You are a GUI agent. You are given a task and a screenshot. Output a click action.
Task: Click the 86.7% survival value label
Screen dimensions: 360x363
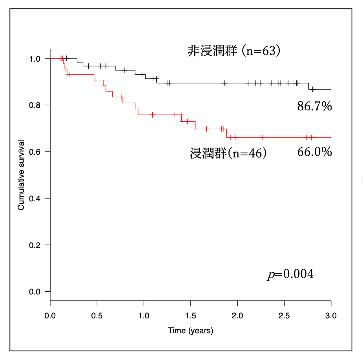pos(314,106)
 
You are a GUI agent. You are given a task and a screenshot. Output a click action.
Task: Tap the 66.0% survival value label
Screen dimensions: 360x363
pos(314,152)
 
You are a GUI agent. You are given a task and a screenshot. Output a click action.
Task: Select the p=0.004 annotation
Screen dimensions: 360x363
pos(290,274)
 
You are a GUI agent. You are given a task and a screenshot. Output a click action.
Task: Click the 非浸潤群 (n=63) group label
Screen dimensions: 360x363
pos(234,51)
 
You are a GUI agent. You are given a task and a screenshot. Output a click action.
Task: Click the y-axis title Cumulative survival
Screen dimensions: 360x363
pos(21,175)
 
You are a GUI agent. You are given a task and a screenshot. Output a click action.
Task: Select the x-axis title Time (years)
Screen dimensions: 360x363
pos(190,331)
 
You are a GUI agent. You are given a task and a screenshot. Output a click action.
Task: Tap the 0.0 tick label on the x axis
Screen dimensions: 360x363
pos(50,315)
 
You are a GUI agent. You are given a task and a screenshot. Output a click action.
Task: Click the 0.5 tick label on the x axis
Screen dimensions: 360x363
pos(97,315)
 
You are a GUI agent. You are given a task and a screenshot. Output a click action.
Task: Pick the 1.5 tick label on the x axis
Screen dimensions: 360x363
pos(190,315)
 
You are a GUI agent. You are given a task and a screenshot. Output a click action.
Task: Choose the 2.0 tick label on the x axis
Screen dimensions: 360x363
pos(237,315)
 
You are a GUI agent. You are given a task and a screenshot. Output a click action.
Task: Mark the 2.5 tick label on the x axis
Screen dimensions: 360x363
pos(284,315)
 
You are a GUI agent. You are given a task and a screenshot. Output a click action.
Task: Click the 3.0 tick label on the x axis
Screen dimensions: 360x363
pos(331,315)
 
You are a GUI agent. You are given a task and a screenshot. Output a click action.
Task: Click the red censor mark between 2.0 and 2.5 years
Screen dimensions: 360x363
pos(262,137)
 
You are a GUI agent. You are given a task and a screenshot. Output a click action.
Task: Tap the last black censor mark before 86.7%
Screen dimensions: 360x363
pos(312,90)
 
